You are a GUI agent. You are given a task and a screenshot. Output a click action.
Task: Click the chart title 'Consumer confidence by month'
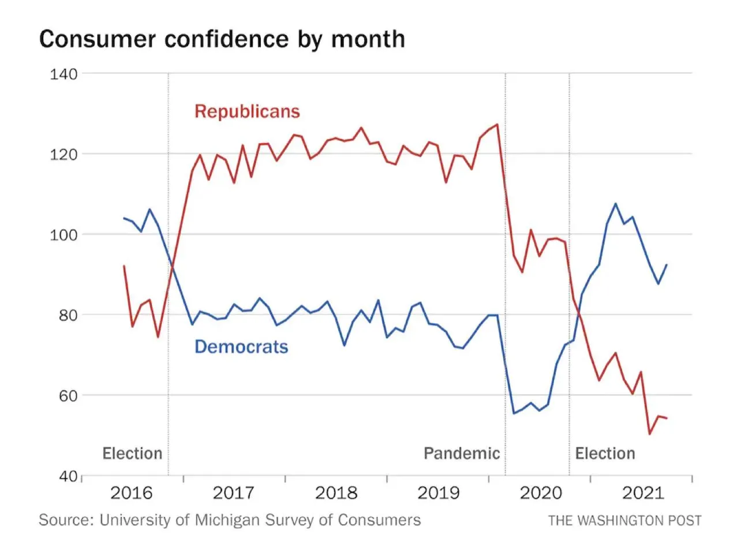click(x=222, y=39)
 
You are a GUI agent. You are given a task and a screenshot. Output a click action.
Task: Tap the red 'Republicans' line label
click(x=247, y=111)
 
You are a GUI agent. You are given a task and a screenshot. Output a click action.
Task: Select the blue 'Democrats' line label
click(x=241, y=346)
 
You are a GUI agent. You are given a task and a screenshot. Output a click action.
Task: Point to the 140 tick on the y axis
click(x=63, y=74)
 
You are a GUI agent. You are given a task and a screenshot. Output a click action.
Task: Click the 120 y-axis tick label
click(x=63, y=154)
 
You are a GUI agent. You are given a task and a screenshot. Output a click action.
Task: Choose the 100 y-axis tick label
click(x=63, y=234)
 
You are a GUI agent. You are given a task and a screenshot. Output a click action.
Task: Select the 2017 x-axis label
click(x=234, y=493)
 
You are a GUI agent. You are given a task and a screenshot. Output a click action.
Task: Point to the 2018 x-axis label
click(x=336, y=493)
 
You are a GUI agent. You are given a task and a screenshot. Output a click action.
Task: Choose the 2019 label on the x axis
click(x=438, y=493)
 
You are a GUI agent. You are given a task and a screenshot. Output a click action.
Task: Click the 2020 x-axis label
click(x=540, y=493)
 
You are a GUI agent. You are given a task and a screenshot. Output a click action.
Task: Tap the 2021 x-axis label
click(x=642, y=493)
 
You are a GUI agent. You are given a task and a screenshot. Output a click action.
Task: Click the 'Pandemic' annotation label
click(x=462, y=453)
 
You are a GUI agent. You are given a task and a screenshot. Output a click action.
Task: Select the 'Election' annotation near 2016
click(x=132, y=453)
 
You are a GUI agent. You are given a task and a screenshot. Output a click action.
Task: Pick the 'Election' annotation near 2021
click(x=605, y=453)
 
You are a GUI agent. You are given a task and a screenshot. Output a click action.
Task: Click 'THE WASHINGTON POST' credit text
click(x=624, y=520)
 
